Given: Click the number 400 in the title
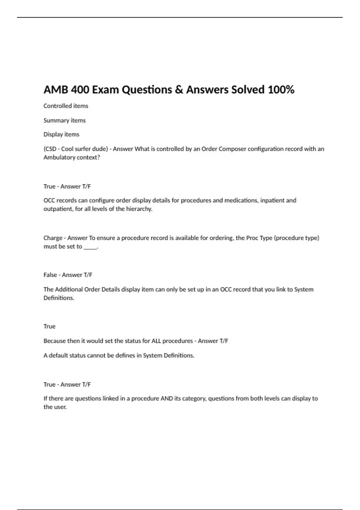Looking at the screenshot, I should pos(80,90).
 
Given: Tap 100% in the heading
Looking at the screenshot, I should pos(281,90).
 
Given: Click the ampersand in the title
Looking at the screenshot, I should pos(179,90).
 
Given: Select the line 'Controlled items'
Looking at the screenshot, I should pos(66,106).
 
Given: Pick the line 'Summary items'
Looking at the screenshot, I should pos(64,120).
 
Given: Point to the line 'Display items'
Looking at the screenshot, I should pos(61,134).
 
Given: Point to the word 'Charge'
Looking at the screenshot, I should pos(53,238).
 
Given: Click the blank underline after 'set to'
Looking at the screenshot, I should pos(90,247).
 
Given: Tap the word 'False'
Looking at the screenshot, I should pos(50,275).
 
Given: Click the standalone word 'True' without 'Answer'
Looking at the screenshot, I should pos(49,326).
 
